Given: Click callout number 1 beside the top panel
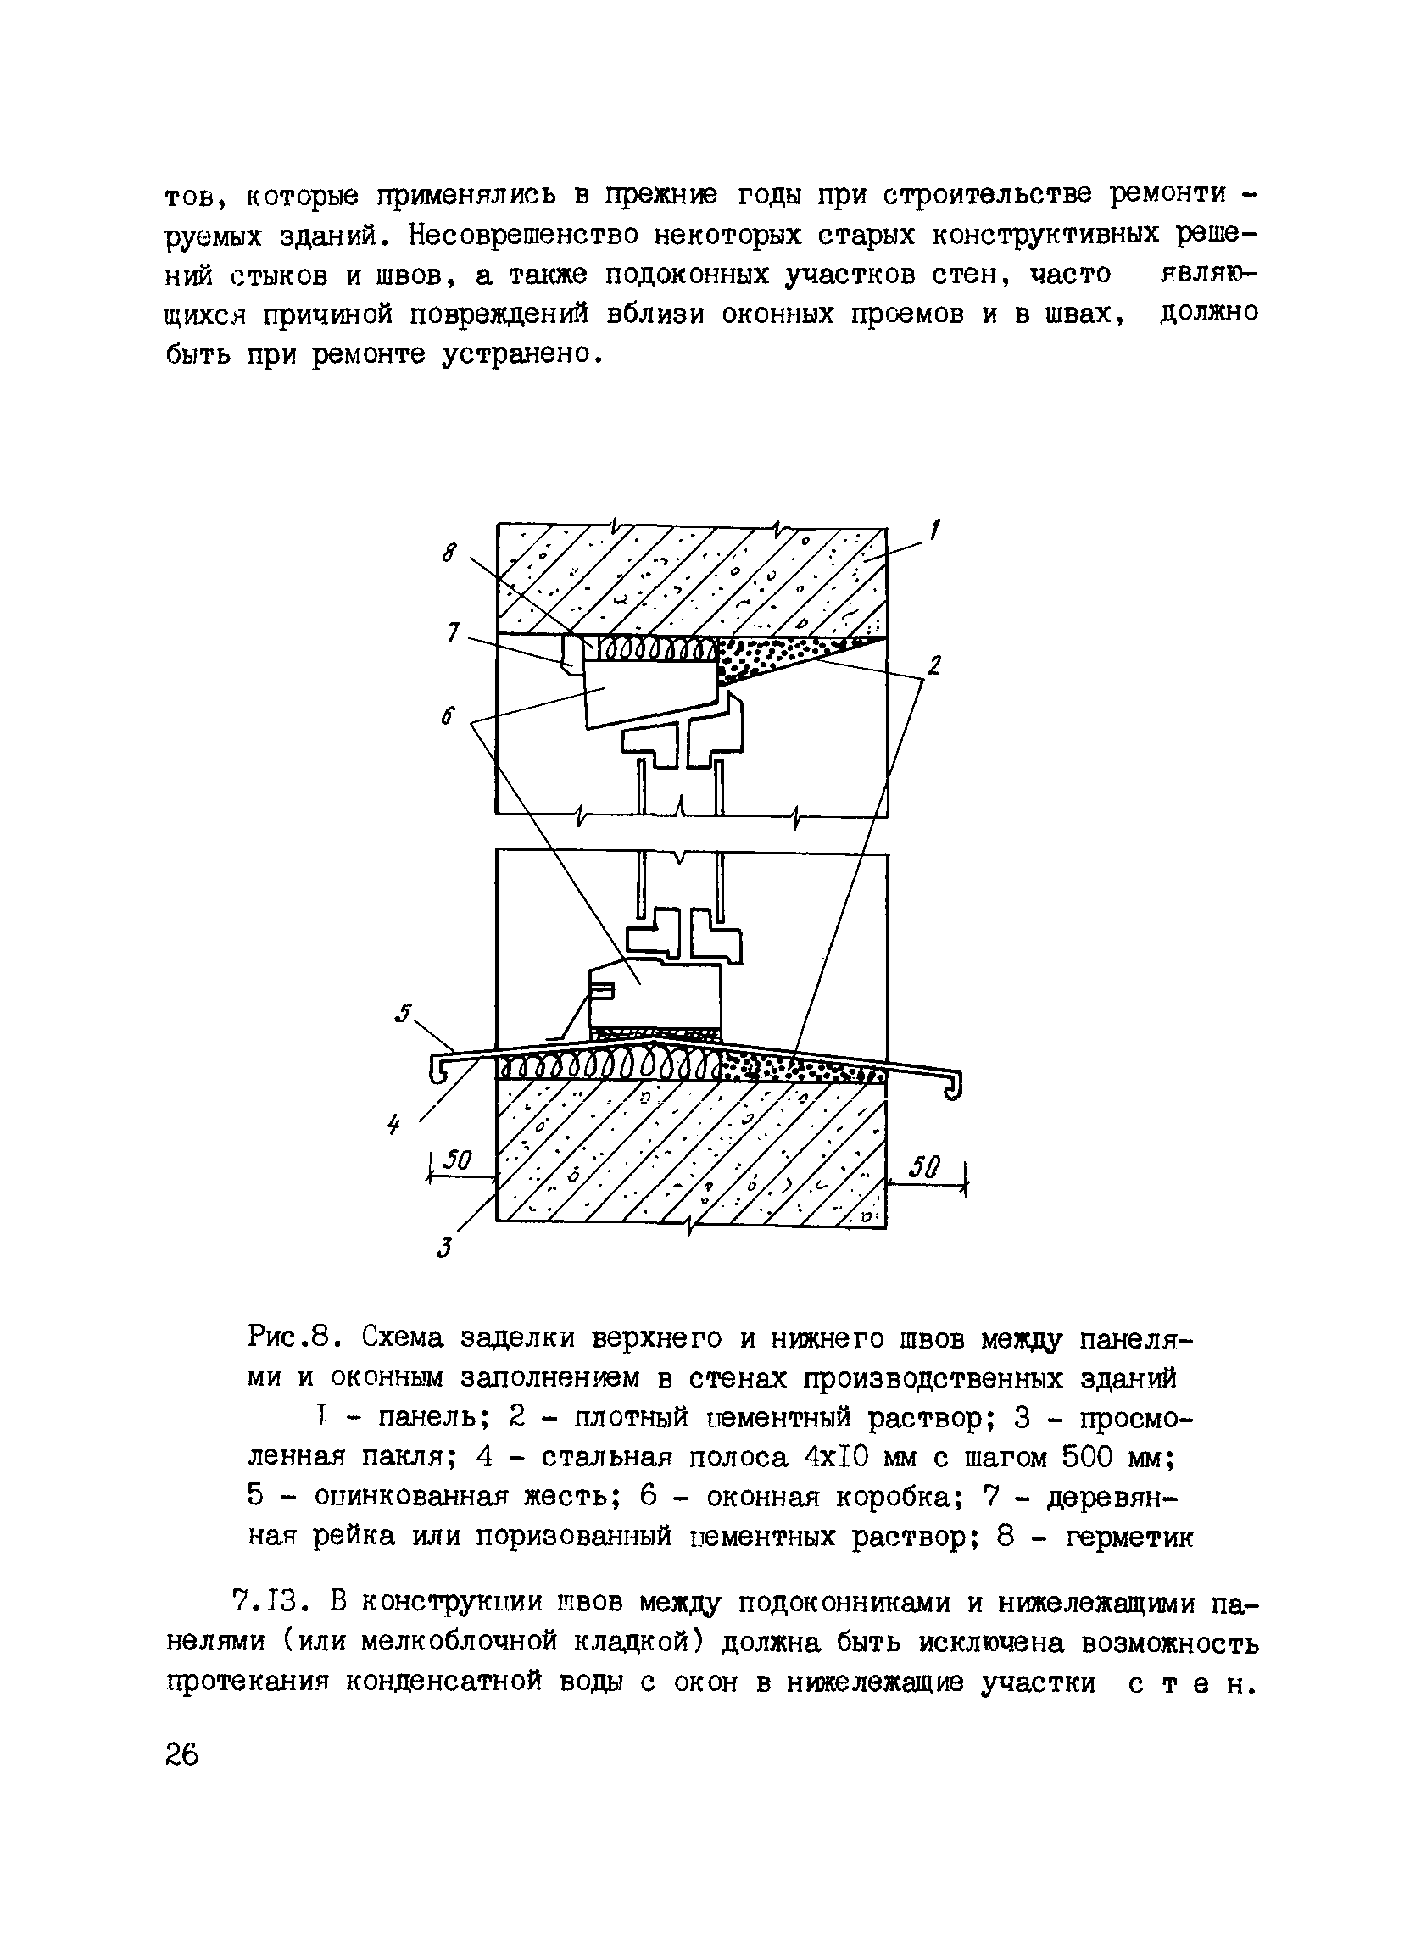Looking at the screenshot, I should coord(935,528).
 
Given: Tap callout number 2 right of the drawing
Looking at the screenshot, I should coord(934,665).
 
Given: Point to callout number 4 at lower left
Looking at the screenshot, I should coord(394,1124).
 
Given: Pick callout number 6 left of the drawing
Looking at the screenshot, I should coord(447,717).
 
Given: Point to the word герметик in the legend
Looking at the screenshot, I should coord(1128,1538).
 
